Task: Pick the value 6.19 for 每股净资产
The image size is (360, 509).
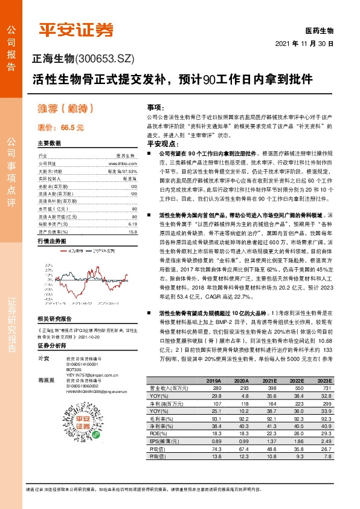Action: click(133, 207)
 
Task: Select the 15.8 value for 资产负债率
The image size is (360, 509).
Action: click(133, 214)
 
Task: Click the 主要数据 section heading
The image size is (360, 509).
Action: click(50, 144)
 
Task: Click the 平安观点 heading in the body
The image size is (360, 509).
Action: click(160, 144)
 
